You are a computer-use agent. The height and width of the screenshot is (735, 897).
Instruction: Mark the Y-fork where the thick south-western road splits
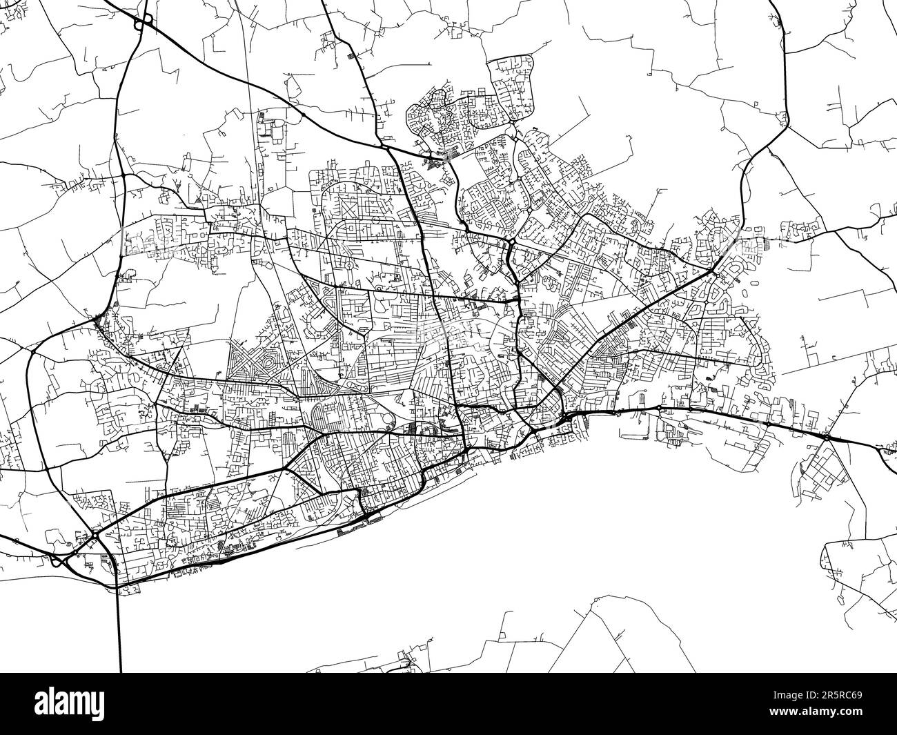pyautogui.click(x=284, y=469)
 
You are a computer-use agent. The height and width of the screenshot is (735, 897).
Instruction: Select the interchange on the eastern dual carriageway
pyautogui.click(x=827, y=438)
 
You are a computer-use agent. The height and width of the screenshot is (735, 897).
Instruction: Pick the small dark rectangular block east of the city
pyautogui.click(x=768, y=242)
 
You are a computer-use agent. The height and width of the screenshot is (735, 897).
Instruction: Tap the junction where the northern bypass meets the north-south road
pyautogui.click(x=384, y=146)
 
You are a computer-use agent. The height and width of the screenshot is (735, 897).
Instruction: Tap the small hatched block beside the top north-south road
pyautogui.click(x=352, y=55)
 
